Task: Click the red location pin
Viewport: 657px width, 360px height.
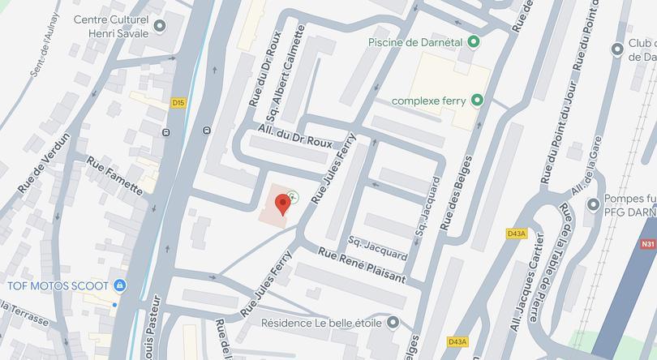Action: (x=282, y=204)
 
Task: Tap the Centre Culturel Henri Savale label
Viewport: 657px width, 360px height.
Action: (x=112, y=25)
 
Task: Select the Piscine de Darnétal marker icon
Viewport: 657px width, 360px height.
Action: (x=474, y=42)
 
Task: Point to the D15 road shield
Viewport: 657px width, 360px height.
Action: (x=179, y=102)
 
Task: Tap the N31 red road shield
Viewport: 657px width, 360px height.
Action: (x=647, y=243)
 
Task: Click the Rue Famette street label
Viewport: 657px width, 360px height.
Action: (x=114, y=176)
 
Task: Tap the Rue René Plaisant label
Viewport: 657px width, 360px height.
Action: (x=361, y=265)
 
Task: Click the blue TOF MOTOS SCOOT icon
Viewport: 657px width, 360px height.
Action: (x=119, y=285)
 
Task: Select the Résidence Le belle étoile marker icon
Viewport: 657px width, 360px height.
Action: (x=393, y=323)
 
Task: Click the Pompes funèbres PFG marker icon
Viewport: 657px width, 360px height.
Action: (x=593, y=204)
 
